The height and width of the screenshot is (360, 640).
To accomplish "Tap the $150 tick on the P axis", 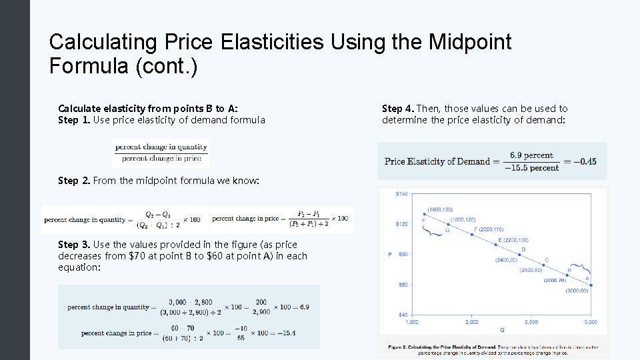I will tap(401, 194).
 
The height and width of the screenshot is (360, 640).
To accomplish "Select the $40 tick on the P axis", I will tap(402, 315).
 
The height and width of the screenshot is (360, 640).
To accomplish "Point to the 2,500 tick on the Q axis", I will tap(531, 322).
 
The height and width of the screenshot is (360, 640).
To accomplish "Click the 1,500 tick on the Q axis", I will tap(412, 322).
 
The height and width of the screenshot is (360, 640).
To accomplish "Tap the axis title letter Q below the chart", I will tap(501, 330).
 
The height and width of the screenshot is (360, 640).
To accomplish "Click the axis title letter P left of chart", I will tap(389, 254).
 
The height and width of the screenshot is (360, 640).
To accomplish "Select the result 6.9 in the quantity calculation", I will tap(304, 307).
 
